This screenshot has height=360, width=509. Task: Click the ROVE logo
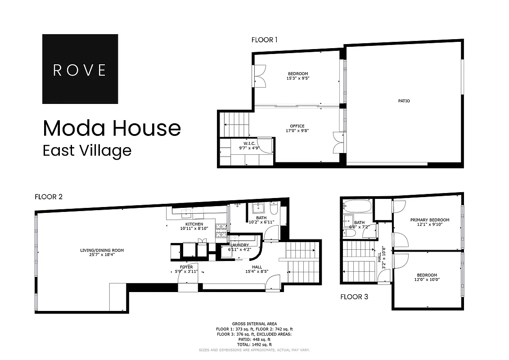80,69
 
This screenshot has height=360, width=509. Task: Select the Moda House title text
112,128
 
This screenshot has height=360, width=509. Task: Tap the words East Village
87,150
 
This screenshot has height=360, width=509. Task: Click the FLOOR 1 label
264,40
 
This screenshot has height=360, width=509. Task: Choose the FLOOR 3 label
354,297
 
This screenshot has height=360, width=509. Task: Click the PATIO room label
404,101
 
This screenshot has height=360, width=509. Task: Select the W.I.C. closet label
246,144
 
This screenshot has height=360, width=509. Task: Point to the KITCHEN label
194,226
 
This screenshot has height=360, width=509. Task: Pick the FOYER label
186,270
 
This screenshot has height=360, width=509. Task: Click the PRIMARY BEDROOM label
429,222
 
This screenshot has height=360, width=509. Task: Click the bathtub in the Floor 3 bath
357,207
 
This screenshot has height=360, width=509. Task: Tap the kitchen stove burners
221,231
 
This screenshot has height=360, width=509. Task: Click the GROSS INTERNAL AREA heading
254,324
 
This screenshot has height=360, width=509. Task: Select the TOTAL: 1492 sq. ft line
254,344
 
